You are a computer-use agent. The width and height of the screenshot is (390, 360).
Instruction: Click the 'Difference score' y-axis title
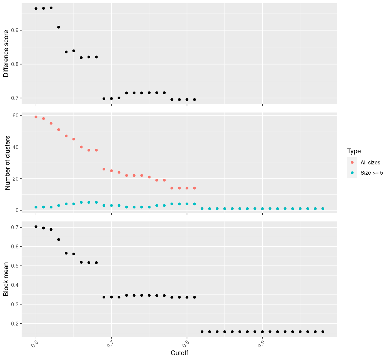click(6, 54)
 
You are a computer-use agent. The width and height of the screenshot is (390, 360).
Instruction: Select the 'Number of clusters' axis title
click(8, 163)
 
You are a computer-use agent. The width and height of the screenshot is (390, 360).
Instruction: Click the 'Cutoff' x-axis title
click(179, 353)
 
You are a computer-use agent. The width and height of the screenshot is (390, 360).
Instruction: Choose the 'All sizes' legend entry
click(370, 163)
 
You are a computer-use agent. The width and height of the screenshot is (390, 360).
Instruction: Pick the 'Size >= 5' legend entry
click(372, 173)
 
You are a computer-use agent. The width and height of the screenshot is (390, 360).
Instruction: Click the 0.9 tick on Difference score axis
click(15, 30)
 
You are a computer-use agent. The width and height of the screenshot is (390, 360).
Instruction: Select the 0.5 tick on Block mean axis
click(15, 266)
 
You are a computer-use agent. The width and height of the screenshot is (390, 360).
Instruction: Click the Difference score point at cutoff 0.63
click(58, 27)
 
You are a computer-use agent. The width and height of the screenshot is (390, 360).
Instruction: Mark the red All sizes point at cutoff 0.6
click(36, 117)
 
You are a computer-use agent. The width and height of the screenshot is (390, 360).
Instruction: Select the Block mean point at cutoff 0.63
click(58, 239)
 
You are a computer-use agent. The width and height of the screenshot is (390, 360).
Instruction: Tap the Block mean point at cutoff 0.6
click(36, 227)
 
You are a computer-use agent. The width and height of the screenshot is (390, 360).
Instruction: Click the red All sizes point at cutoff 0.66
click(81, 147)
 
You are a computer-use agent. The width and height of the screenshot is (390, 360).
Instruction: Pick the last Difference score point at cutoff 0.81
click(194, 100)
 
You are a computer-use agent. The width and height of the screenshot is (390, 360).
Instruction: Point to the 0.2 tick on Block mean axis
click(15, 324)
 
